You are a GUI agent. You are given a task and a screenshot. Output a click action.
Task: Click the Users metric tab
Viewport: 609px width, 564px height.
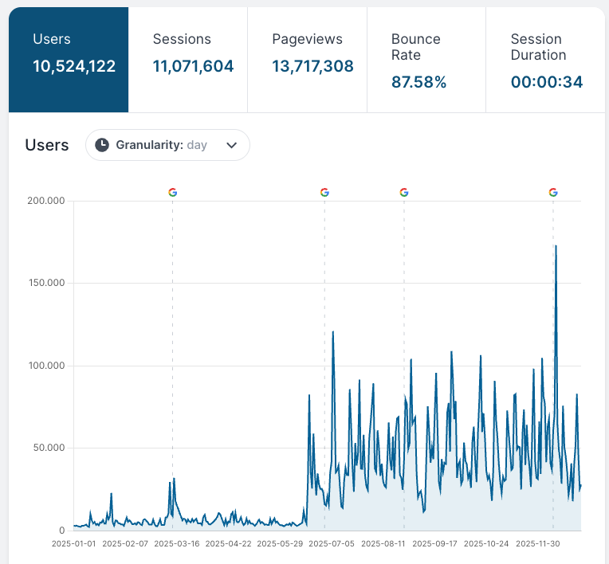(69, 59)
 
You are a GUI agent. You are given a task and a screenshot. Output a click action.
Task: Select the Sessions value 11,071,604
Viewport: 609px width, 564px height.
(193, 66)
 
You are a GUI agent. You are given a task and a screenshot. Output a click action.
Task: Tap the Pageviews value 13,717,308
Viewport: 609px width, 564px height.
(312, 66)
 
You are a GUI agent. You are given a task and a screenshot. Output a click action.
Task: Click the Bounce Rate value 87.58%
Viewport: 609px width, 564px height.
(418, 82)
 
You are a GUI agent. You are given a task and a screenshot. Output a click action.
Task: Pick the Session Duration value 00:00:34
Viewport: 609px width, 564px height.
(546, 82)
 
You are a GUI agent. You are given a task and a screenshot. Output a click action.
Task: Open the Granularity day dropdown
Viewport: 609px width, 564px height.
(167, 145)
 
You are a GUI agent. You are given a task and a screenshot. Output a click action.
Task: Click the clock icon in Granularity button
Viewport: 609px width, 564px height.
(102, 145)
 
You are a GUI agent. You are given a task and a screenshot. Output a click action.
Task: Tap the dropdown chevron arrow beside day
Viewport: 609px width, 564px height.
(232, 145)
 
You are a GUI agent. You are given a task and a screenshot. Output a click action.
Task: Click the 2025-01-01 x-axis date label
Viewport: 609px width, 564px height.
(73, 544)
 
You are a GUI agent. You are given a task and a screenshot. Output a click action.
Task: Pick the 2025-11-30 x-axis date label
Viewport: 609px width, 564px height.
(539, 544)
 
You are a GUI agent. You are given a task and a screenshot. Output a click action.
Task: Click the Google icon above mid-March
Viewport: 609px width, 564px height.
(173, 192)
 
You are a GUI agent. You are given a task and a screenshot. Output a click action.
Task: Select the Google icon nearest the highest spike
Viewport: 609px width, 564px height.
(553, 192)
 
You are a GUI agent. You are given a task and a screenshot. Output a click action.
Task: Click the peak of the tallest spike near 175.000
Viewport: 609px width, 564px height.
(556, 245)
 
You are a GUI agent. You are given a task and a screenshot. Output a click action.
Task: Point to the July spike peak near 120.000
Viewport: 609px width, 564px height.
(332, 331)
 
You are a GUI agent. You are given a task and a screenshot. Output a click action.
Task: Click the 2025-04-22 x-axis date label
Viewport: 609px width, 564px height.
(228, 544)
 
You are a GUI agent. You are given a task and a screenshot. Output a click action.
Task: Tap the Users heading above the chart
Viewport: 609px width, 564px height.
(47, 145)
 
